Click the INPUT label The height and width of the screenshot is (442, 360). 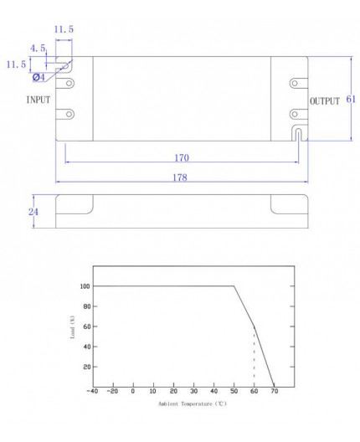coord(39,100)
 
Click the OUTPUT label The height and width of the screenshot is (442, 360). coord(325,101)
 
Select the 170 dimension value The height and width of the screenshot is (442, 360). coord(182,158)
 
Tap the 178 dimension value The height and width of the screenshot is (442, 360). coord(180,177)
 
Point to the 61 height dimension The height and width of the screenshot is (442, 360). coord(351,99)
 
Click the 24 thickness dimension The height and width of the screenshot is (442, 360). coord(33,212)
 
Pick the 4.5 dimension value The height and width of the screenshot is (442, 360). coord(38,49)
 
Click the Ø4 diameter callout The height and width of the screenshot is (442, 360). coord(39,77)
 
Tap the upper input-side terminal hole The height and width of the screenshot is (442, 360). coord(69,83)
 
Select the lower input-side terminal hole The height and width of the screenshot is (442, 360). coord(69,114)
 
